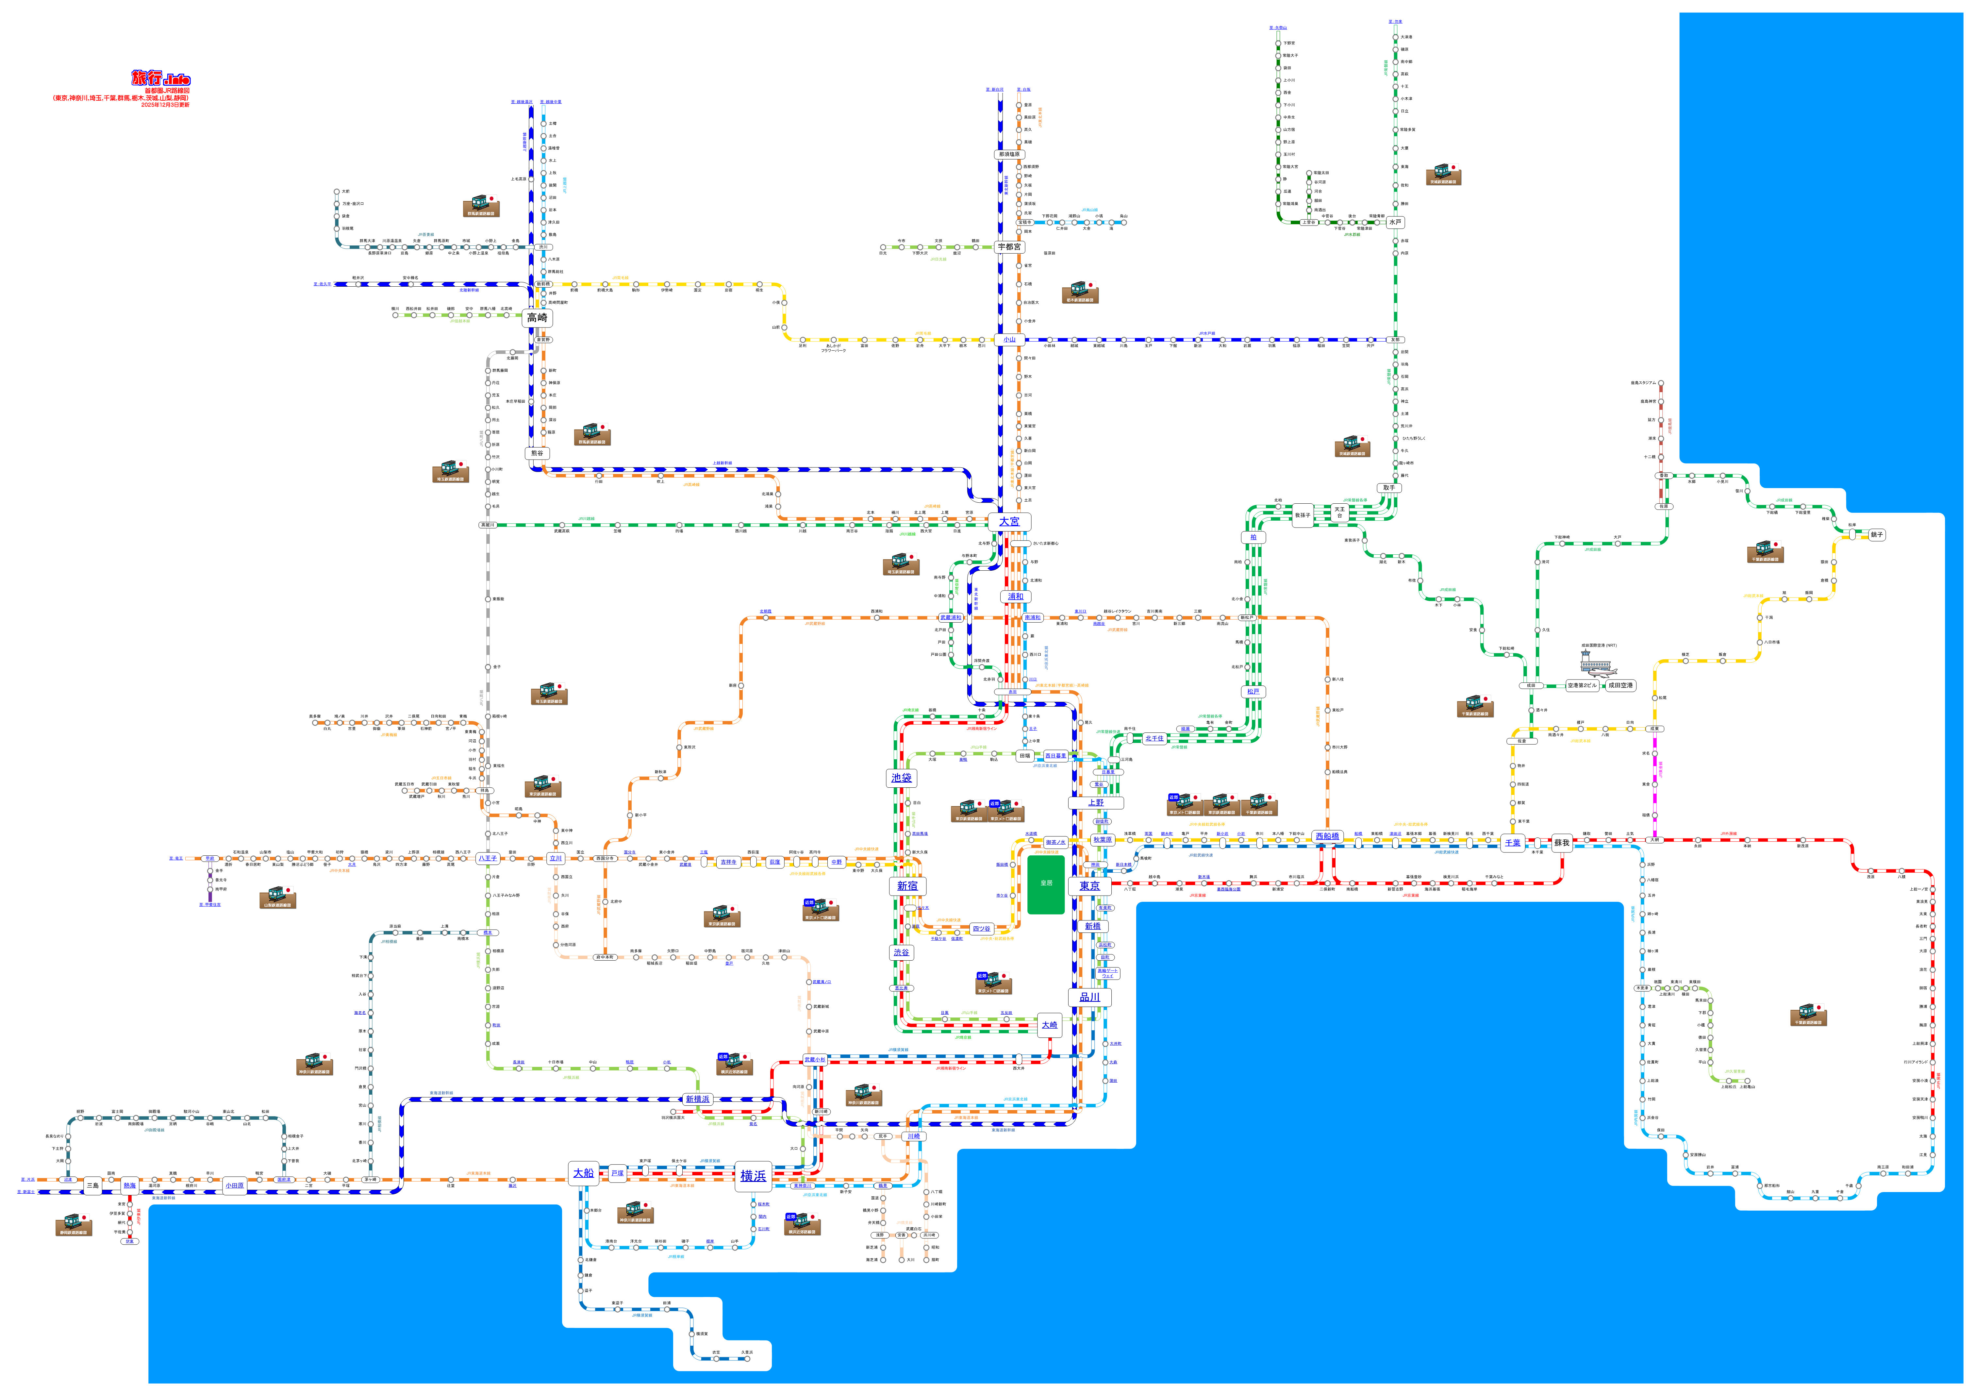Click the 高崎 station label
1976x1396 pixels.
pyautogui.click(x=537, y=318)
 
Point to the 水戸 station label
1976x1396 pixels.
pyautogui.click(x=1395, y=222)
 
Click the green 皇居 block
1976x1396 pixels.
pyautogui.click(x=1046, y=884)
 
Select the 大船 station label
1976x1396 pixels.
pyautogui.click(x=584, y=1173)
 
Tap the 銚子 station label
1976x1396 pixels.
pyautogui.click(x=1877, y=534)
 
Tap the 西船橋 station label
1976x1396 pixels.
pyautogui.click(x=1328, y=836)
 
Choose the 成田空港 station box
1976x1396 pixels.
pyautogui.click(x=1620, y=686)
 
